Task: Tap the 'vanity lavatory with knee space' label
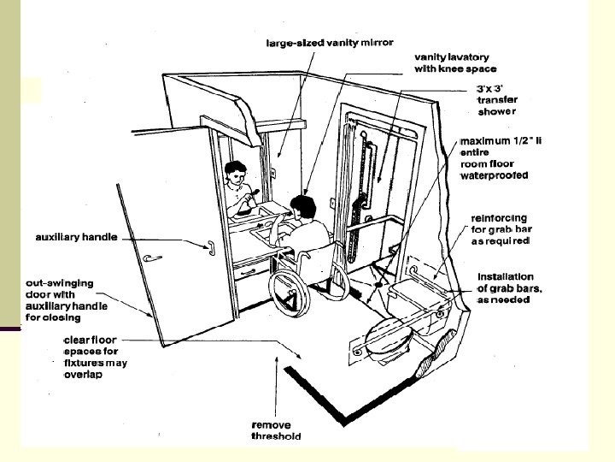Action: [x=452, y=62]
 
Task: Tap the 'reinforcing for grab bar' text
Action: [x=502, y=229]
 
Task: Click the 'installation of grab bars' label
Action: [x=506, y=282]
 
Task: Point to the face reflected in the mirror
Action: [x=236, y=173]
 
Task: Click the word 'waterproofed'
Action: [x=495, y=175]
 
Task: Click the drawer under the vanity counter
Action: [x=255, y=271]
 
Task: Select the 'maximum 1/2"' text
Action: [x=501, y=140]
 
